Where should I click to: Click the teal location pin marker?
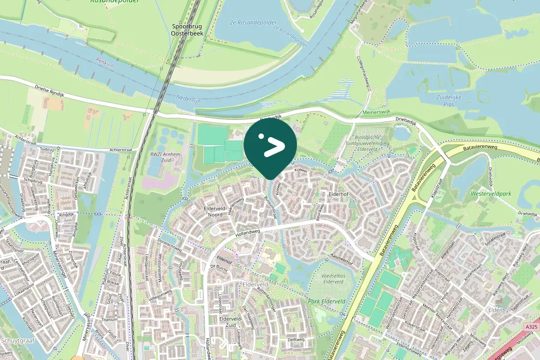(270, 147)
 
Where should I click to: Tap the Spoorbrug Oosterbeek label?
(183, 30)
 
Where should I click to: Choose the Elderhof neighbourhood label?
(339, 194)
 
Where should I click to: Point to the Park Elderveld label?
(326, 301)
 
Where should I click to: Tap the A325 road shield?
(531, 327)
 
